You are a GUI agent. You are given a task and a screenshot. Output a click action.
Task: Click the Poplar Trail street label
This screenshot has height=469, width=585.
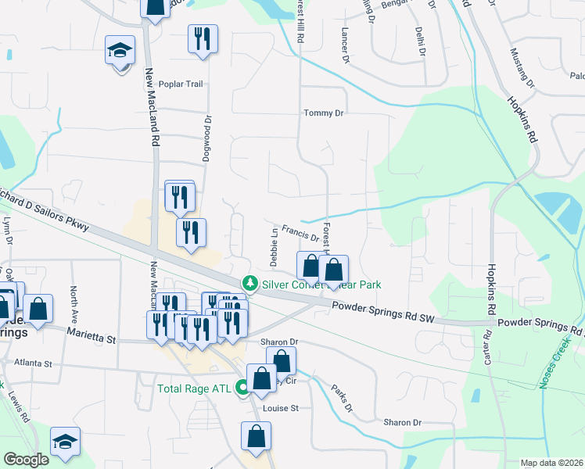click(181, 84)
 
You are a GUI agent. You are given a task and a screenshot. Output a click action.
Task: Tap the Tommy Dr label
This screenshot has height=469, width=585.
click(324, 113)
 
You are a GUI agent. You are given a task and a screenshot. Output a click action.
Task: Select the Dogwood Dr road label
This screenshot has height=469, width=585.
click(208, 137)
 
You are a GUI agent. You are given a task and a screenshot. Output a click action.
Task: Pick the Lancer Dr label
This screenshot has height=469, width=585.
click(344, 46)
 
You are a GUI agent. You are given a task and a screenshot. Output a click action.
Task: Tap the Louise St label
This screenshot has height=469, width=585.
click(282, 408)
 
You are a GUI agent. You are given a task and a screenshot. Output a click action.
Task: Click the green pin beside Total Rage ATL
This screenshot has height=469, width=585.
click(243, 386)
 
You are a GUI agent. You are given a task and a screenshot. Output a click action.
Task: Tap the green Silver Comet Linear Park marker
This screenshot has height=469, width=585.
click(249, 283)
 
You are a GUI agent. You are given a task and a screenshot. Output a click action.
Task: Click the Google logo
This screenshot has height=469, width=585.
click(26, 460)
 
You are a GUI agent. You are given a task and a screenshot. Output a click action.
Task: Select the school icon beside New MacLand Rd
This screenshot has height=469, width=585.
click(120, 52)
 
